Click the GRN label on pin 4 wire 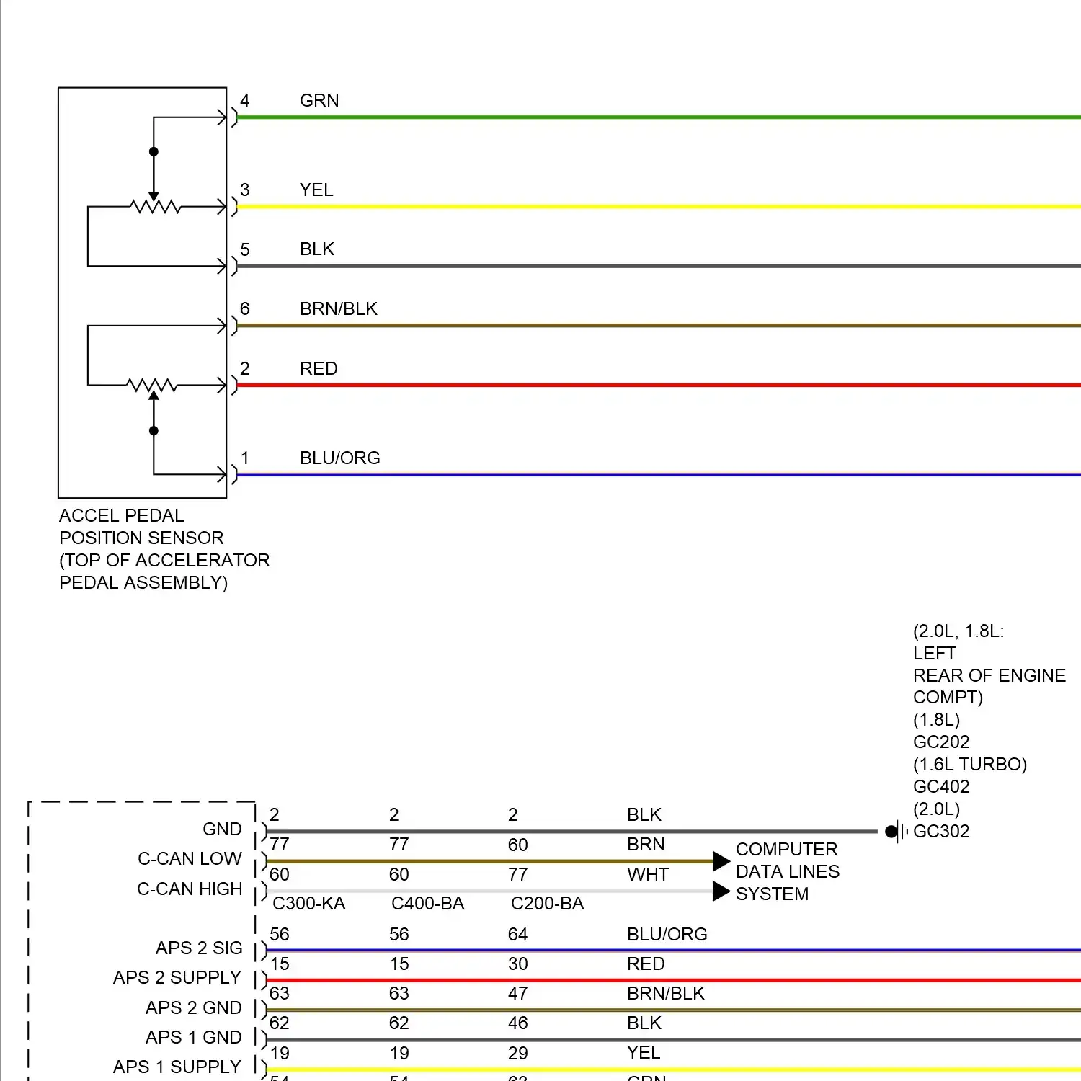point(319,101)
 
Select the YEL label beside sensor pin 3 point(316,190)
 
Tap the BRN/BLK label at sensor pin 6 point(339,309)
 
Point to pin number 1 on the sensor point(245,458)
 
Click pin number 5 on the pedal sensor point(245,250)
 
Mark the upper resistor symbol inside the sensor point(155,208)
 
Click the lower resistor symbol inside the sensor point(152,386)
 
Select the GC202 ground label point(941,742)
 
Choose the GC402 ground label point(941,787)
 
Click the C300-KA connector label point(309,904)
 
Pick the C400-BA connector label point(428,904)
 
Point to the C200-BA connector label point(548,904)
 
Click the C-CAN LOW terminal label point(190,859)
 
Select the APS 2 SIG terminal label point(199,948)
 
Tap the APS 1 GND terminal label point(193,1038)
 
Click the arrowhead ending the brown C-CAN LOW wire point(721,861)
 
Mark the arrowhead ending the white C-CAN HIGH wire point(721,891)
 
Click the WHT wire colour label point(648,875)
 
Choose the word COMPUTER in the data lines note point(786,850)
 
